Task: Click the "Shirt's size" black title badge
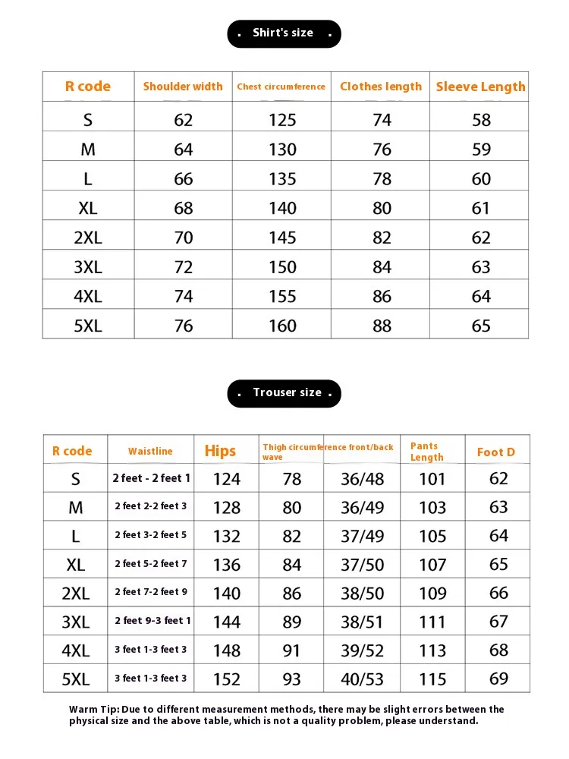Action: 284,33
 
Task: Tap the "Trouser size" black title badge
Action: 284,393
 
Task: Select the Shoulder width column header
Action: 183,87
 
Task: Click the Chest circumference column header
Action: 281,87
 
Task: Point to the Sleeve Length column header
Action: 480,87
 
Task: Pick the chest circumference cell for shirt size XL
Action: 282,208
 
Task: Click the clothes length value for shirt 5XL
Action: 382,326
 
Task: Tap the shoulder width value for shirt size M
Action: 184,150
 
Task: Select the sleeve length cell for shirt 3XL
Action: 481,267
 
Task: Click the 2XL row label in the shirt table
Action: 88,238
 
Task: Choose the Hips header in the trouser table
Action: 220,451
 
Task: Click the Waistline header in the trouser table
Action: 150,452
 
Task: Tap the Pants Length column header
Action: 426,452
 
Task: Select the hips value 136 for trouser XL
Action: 227,565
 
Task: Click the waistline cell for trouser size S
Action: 151,478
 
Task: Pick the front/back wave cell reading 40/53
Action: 363,679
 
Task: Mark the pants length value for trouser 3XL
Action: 432,622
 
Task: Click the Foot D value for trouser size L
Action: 498,536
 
